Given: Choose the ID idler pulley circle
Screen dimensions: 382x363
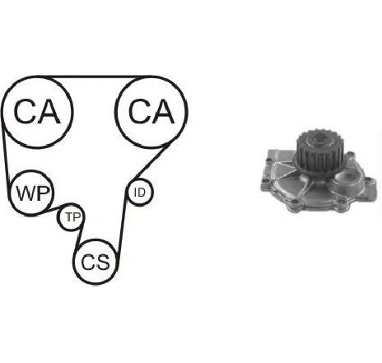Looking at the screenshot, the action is click(x=140, y=179).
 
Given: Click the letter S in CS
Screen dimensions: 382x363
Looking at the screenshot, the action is click(x=104, y=262).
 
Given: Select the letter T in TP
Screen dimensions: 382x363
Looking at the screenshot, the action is click(x=70, y=217).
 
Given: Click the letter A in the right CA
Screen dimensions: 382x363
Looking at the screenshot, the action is click(x=163, y=112).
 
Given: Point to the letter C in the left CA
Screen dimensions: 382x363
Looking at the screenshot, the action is click(x=25, y=112).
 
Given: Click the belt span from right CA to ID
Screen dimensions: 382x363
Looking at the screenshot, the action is click(x=151, y=162).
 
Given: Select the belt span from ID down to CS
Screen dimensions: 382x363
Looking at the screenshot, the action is click(x=123, y=220).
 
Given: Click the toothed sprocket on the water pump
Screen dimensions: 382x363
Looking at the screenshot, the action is click(x=317, y=151).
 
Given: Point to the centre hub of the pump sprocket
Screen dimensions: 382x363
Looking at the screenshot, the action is click(x=319, y=137).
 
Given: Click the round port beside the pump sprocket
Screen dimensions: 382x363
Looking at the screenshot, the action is click(x=347, y=178).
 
